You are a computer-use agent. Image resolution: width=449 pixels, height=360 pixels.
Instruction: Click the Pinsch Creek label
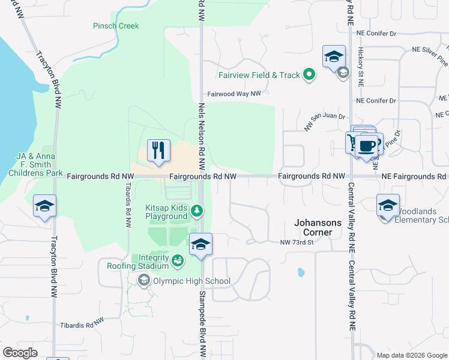click(x=116, y=26)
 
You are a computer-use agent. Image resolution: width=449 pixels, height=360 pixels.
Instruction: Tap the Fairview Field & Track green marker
click(x=309, y=75)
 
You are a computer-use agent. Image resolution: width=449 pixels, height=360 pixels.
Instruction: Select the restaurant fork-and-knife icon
click(x=159, y=150)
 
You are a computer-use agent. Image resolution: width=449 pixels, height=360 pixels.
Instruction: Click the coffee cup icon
click(x=366, y=145)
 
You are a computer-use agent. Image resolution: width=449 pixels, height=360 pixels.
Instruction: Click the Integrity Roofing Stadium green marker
click(x=177, y=260)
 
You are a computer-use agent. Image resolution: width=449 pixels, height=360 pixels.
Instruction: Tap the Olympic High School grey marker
click(x=143, y=280)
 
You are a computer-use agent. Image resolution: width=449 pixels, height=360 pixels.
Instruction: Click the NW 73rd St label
click(x=297, y=242)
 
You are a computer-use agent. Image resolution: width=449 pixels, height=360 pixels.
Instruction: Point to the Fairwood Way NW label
click(x=234, y=94)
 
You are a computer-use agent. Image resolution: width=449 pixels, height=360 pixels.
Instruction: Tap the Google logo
click(x=20, y=352)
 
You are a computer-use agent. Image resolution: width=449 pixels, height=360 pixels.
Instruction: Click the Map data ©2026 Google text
click(x=411, y=355)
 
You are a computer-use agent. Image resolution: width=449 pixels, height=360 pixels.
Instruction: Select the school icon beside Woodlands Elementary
click(x=388, y=205)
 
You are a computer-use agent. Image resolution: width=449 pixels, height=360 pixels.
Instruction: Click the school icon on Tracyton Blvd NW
click(x=45, y=206)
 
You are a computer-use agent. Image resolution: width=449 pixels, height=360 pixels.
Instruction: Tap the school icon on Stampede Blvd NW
click(x=201, y=244)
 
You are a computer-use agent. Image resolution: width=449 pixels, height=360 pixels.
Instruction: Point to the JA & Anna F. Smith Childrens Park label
click(x=35, y=164)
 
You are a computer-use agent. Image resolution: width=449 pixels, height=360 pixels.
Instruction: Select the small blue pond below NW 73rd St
click(x=300, y=272)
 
